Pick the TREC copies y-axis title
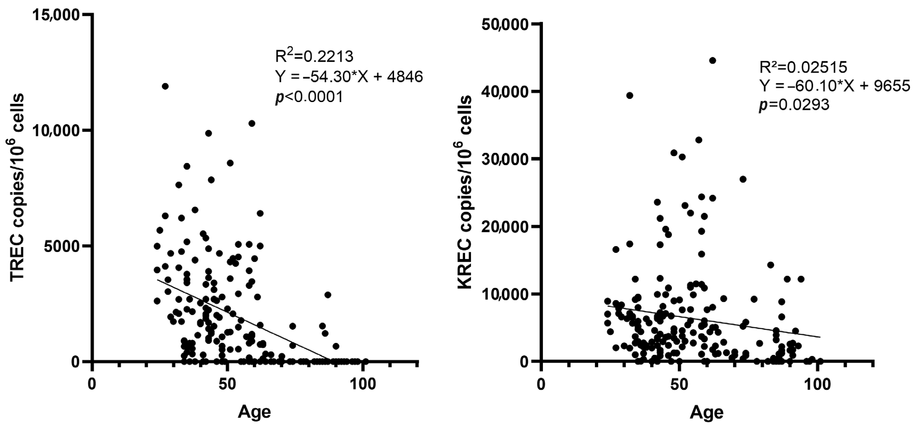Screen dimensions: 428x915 (x=17, y=188)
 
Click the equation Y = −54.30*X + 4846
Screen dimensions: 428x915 (x=349, y=76)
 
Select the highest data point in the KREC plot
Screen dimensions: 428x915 (x=712, y=60)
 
